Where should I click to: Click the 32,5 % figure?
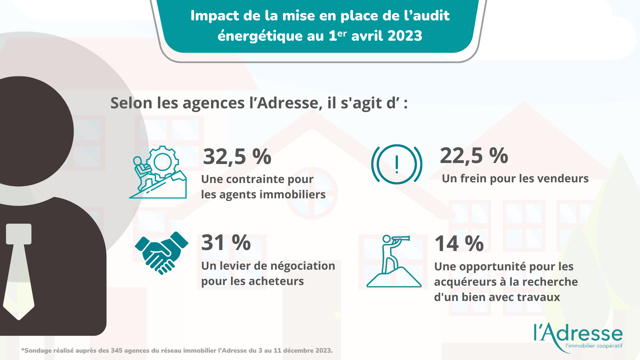coord(237,156)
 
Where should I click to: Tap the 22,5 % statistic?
coord(474,155)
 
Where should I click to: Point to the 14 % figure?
coord(459,243)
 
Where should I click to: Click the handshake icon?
coord(162,253)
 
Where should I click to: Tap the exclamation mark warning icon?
coord(397,164)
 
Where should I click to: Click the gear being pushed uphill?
coord(162,162)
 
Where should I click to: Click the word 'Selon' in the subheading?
coord(131,103)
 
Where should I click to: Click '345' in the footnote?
coord(117,351)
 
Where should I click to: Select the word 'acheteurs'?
coord(276,281)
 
